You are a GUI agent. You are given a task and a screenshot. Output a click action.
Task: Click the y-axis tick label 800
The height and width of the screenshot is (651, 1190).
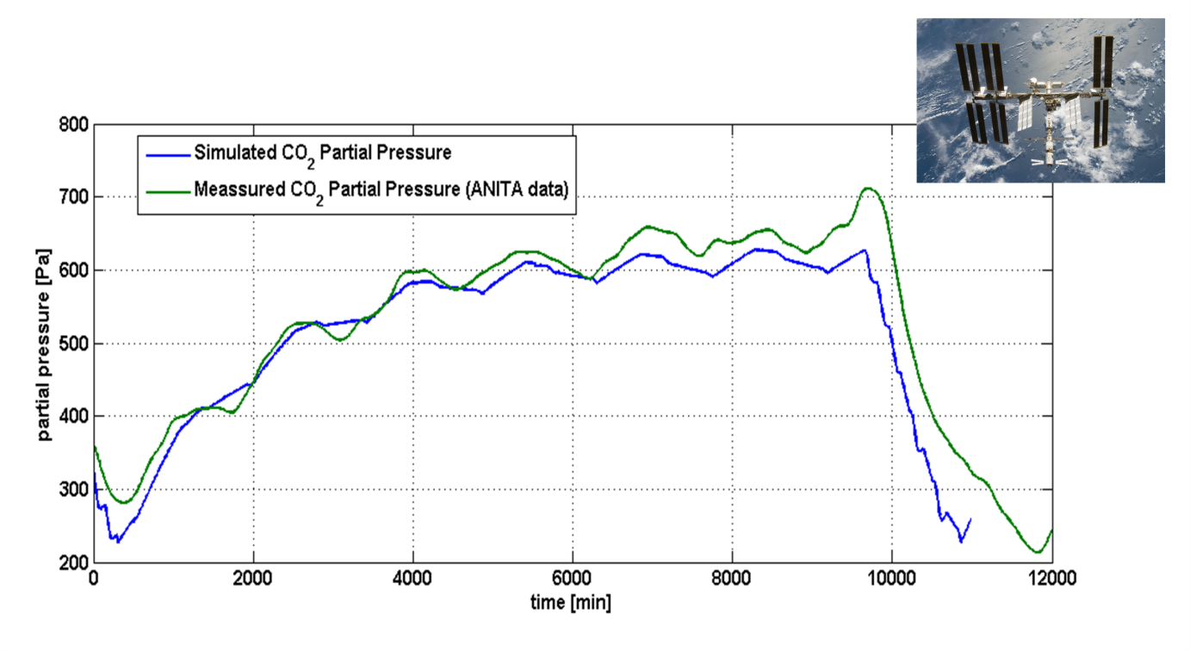click(x=74, y=125)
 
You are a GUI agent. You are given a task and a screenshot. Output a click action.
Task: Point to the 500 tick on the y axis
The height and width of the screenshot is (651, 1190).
click(x=74, y=344)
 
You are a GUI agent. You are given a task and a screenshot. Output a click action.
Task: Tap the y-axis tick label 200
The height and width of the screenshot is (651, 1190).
click(x=74, y=562)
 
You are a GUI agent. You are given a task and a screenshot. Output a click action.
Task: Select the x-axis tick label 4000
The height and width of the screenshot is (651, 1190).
click(x=412, y=579)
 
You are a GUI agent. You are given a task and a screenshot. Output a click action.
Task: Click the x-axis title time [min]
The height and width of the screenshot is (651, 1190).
click(x=571, y=603)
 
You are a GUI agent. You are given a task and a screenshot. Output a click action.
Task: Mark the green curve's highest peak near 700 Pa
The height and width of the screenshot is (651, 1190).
click(x=868, y=189)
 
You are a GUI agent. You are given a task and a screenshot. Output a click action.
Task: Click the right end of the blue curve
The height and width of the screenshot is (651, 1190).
click(x=970, y=519)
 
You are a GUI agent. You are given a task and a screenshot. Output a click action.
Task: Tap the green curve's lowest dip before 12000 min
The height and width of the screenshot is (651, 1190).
click(x=1038, y=552)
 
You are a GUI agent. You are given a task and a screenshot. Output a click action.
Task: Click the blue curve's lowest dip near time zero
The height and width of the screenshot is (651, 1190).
click(x=118, y=541)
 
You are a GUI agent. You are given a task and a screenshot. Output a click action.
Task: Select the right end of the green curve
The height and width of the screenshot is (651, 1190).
click(x=1051, y=530)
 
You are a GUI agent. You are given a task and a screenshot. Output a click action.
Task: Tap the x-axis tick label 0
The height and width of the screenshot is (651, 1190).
click(x=94, y=579)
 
